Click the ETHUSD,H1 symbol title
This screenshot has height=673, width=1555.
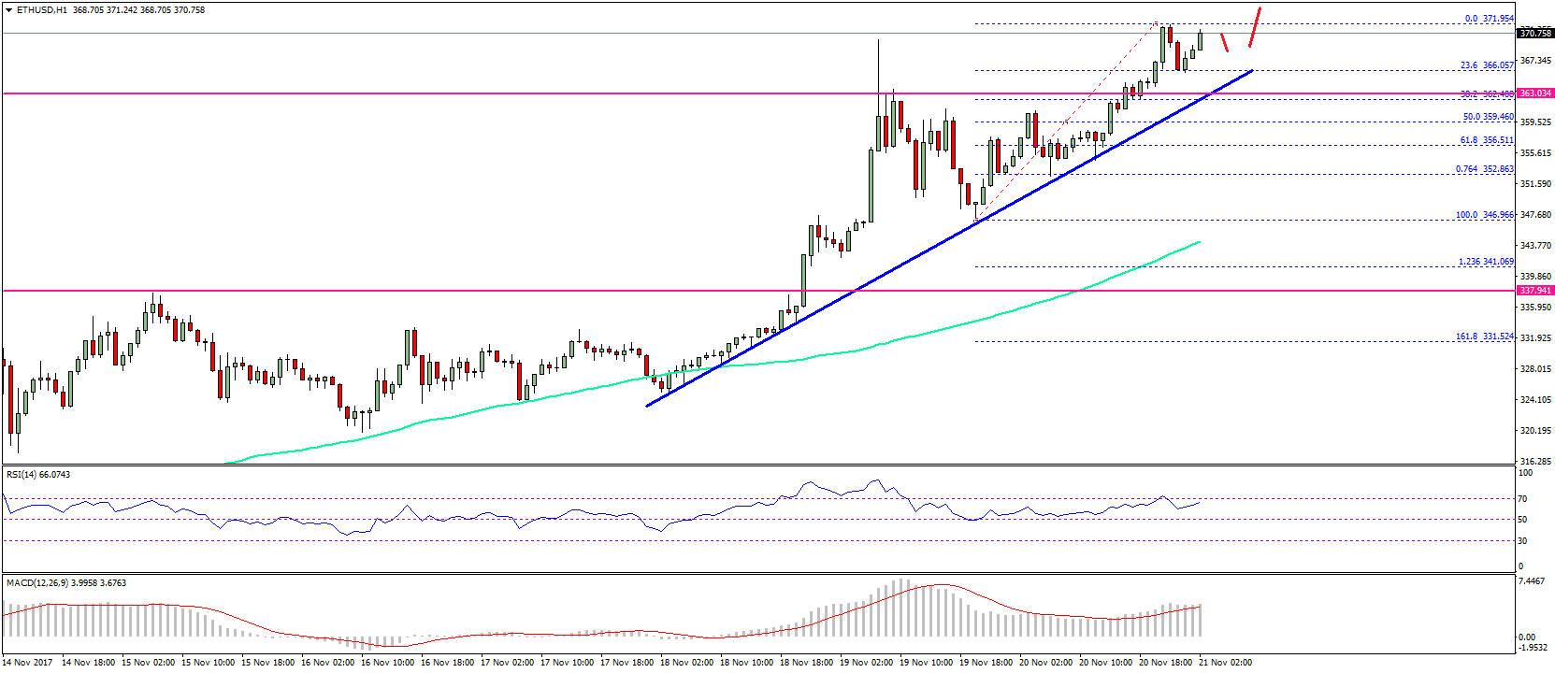pyautogui.click(x=42, y=10)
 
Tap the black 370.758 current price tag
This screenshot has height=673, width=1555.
pyautogui.click(x=1535, y=34)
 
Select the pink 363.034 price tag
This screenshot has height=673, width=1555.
pyautogui.click(x=1535, y=93)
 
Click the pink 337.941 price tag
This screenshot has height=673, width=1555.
pyautogui.click(x=1535, y=291)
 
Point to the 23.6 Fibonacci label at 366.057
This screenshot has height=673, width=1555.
pyautogui.click(x=1487, y=65)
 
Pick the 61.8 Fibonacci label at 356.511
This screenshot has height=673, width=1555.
pyautogui.click(x=1487, y=140)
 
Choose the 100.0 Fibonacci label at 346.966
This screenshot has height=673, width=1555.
pyautogui.click(x=1485, y=215)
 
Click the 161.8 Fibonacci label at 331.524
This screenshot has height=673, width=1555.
pyautogui.click(x=1485, y=336)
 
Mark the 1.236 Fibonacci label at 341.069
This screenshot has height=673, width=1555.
pyautogui.click(x=1486, y=262)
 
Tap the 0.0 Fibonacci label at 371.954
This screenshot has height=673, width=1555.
pyautogui.click(x=1489, y=19)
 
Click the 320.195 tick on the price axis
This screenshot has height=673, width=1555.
pyautogui.click(x=1535, y=431)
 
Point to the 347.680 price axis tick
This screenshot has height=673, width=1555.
pyautogui.click(x=1535, y=215)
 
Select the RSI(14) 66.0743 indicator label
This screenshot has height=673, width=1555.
pyautogui.click(x=38, y=475)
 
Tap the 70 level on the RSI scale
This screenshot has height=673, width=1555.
pyautogui.click(x=1523, y=499)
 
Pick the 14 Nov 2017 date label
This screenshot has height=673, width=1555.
pyautogui.click(x=28, y=663)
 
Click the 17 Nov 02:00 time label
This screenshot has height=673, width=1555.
pyautogui.click(x=507, y=663)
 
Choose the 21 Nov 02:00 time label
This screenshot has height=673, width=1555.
pyautogui.click(x=1225, y=663)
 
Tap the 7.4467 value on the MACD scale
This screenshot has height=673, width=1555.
pyautogui.click(x=1533, y=581)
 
